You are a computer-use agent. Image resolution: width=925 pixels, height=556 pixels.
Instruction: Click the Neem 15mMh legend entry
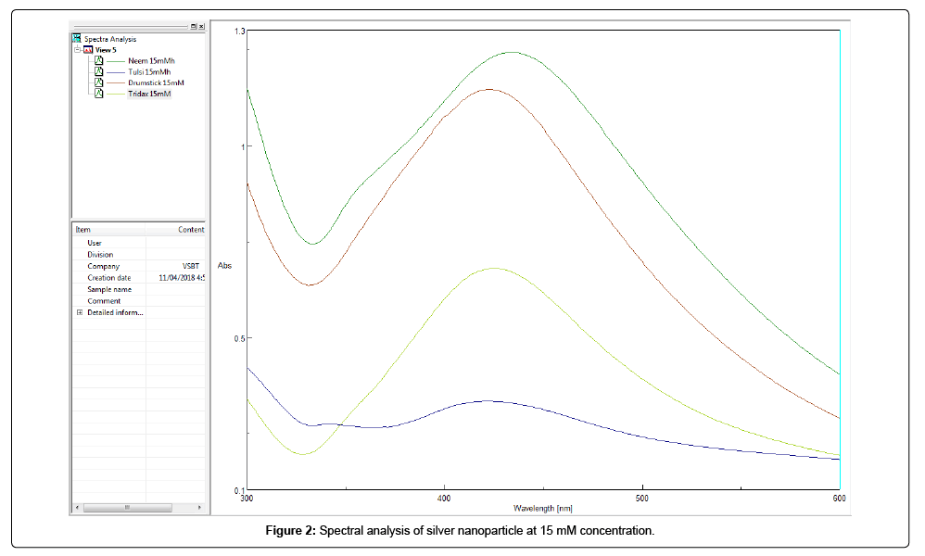pyautogui.click(x=147, y=60)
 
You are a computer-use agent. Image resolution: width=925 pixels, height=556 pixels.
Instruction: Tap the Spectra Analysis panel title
pyautogui.click(x=110, y=39)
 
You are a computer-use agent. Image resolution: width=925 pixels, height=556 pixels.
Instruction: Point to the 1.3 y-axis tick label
pyautogui.click(x=238, y=32)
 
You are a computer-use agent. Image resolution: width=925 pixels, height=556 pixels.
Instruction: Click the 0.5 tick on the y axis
pyautogui.click(x=238, y=338)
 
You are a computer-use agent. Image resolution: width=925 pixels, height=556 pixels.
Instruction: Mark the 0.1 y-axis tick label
pyautogui.click(x=238, y=490)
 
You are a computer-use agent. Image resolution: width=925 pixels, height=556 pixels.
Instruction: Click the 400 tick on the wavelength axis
pyautogui.click(x=444, y=499)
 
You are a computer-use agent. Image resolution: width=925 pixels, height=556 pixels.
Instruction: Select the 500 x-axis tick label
pyautogui.click(x=641, y=499)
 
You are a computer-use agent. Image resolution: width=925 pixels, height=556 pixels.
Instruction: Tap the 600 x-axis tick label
pyautogui.click(x=839, y=499)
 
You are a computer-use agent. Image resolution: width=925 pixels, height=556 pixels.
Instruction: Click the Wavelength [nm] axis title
pyautogui.click(x=542, y=508)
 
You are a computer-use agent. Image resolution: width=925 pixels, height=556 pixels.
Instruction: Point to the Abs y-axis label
pyautogui.click(x=224, y=266)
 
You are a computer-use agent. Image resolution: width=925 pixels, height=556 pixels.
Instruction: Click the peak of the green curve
pyautogui.click(x=512, y=53)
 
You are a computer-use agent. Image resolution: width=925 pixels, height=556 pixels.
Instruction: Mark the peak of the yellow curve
pyautogui.click(x=493, y=269)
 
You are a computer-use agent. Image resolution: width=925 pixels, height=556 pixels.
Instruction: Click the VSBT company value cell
pyautogui.click(x=190, y=266)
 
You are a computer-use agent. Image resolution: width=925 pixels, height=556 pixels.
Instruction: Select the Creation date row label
pyautogui.click(x=108, y=278)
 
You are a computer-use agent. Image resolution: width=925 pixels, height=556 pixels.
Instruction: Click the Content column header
pyautogui.click(x=191, y=230)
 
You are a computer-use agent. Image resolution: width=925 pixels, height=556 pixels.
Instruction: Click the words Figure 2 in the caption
pyautogui.click(x=290, y=531)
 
